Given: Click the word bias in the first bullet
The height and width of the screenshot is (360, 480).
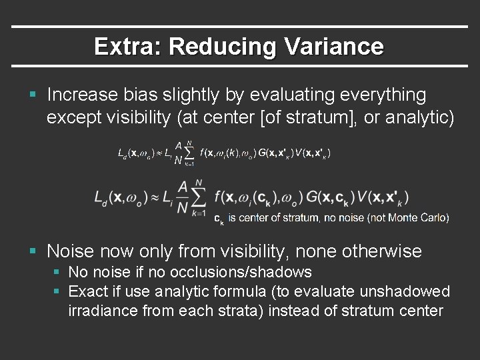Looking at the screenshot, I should [x=150, y=95].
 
